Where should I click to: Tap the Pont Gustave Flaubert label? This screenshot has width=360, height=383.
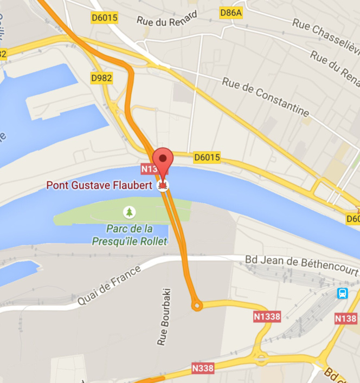point(99,185)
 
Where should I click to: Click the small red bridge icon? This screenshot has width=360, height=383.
point(163,186)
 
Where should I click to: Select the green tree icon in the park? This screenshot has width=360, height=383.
point(129,212)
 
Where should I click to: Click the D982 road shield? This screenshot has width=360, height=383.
point(101,78)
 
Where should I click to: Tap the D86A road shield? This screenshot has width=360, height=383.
point(230,12)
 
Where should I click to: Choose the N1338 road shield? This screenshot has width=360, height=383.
point(267,316)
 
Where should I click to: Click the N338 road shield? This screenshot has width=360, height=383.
point(203,368)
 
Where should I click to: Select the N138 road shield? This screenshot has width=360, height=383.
point(345,318)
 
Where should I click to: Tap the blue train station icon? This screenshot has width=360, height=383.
point(343,293)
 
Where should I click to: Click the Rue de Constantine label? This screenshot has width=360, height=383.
point(266,97)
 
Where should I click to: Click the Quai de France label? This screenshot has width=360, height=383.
point(108,285)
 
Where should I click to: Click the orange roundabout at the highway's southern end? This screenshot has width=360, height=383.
point(197,306)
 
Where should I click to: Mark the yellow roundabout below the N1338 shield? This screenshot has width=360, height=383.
point(261,358)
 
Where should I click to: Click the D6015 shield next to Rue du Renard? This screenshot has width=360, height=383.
point(104,18)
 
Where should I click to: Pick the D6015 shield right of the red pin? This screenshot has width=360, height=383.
point(207,157)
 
